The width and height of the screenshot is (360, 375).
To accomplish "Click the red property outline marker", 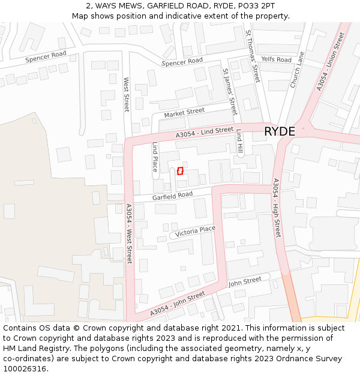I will coord(180,171).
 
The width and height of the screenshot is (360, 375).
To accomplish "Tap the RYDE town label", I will coord(280,131).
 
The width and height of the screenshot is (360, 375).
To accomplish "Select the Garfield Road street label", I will coord(172,196).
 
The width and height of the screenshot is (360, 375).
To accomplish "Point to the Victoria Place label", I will coord(195,230).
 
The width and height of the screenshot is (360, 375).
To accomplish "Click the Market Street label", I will coord(184,112).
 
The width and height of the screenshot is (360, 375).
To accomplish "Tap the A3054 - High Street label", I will coord(277,208).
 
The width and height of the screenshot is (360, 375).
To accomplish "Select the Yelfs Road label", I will coord(276,60).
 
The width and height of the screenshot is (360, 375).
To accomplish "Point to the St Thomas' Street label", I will coord(253,56).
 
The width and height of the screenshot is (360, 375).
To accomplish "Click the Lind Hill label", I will coord(239,142).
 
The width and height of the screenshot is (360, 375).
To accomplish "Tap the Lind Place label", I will coord(155,157).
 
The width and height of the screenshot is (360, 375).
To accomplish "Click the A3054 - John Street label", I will coord(177,303).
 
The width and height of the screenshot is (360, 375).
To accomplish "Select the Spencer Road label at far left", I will coord(46,58).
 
